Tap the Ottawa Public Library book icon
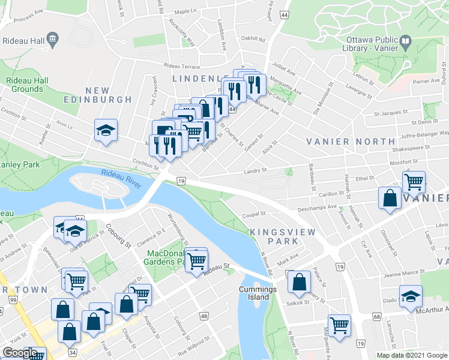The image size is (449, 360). click(406, 43)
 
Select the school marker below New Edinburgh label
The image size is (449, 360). click(106, 130)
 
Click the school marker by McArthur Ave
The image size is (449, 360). click(411, 296)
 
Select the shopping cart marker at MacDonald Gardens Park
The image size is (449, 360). click(196, 261)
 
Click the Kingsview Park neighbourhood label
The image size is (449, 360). click(274, 236)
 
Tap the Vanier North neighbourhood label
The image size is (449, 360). click(344, 141)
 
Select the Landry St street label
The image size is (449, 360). click(255, 171)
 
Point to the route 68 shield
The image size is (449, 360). click(376, 316)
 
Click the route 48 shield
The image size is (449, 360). click(205, 316)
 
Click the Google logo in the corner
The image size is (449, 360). click(20, 352)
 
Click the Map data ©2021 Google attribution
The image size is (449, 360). click(411, 355)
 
